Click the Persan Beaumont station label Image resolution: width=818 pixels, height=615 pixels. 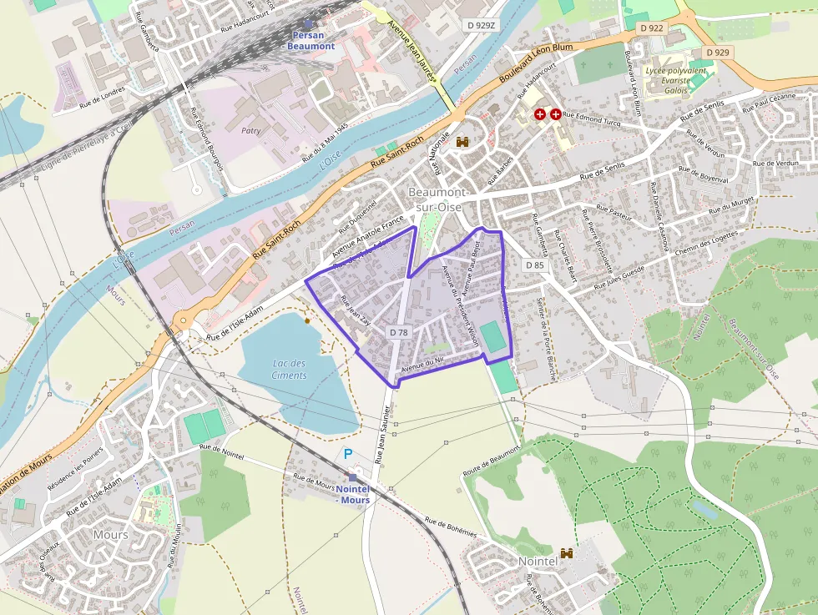click(x=311, y=41)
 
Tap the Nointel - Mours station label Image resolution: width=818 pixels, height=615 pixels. click(x=353, y=494)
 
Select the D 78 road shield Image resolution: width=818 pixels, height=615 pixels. click(x=399, y=332)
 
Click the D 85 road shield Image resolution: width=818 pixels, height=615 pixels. click(x=534, y=265)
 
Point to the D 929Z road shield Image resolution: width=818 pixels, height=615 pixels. click(x=482, y=26)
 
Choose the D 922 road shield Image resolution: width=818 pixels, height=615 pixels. click(x=652, y=28)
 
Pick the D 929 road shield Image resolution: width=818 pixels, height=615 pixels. click(x=717, y=53)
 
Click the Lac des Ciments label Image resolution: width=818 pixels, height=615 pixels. click(x=289, y=369)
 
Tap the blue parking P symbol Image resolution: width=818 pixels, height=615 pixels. click(x=348, y=454)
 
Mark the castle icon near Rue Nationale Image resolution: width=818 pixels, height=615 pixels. click(x=462, y=143)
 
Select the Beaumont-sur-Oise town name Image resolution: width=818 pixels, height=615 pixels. click(x=442, y=199)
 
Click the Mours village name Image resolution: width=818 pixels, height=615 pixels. click(x=110, y=534)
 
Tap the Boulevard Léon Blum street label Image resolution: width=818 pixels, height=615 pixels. click(x=536, y=63)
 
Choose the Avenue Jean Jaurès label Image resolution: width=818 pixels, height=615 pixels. click(x=415, y=50)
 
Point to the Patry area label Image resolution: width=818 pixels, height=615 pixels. click(x=250, y=130)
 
